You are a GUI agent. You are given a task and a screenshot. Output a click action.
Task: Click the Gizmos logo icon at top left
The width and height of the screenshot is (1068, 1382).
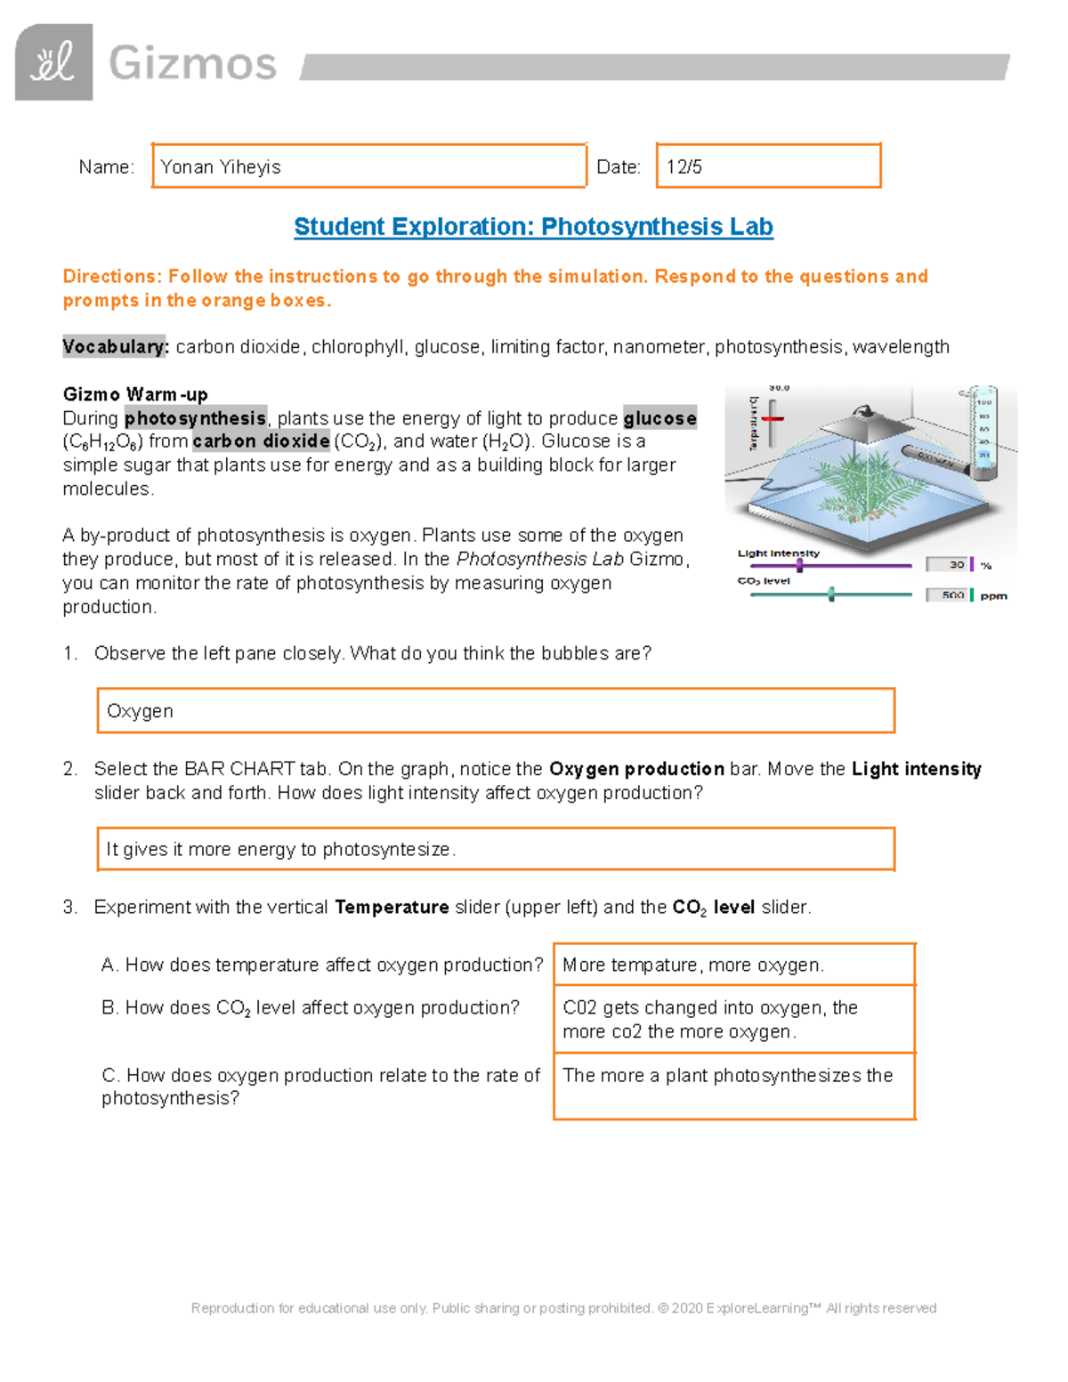54,62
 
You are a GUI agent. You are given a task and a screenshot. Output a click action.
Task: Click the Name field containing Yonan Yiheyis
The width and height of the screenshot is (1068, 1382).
368,166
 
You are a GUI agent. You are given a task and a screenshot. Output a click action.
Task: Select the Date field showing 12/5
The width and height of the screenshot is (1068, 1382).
768,166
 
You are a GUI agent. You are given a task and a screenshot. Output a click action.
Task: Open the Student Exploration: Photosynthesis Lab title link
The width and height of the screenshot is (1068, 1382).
533,227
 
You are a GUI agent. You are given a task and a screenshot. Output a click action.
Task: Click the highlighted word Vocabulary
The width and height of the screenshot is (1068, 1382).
115,347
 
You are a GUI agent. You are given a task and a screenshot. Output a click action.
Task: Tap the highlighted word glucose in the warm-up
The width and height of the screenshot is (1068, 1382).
659,418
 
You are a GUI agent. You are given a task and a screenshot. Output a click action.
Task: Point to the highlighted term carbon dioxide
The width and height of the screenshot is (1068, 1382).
262,441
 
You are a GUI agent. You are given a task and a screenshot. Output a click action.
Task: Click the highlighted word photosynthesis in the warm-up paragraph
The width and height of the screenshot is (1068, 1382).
195,418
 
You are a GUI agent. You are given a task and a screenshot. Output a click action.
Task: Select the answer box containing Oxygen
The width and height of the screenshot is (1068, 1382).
495,711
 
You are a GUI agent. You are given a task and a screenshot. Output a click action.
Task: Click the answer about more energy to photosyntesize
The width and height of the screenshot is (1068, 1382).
495,849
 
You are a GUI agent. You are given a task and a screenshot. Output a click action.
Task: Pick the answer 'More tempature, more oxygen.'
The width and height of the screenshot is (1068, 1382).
733,965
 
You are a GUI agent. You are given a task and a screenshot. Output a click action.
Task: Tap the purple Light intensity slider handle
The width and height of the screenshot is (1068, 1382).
800,565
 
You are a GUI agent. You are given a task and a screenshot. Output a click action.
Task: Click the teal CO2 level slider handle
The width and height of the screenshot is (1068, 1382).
831,594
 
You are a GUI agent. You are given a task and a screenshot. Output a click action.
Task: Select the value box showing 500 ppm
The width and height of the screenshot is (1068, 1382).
948,595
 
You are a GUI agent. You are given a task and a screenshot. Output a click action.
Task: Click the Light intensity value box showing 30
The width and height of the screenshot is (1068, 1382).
948,564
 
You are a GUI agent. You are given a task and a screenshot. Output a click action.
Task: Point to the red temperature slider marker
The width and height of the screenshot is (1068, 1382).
773,418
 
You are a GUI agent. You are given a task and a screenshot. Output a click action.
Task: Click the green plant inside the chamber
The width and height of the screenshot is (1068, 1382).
854,489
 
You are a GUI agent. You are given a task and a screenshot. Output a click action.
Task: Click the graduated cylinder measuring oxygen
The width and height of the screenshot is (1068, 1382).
983,427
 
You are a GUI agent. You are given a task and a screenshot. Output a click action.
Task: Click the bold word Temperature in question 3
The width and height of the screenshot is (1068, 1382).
392,907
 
